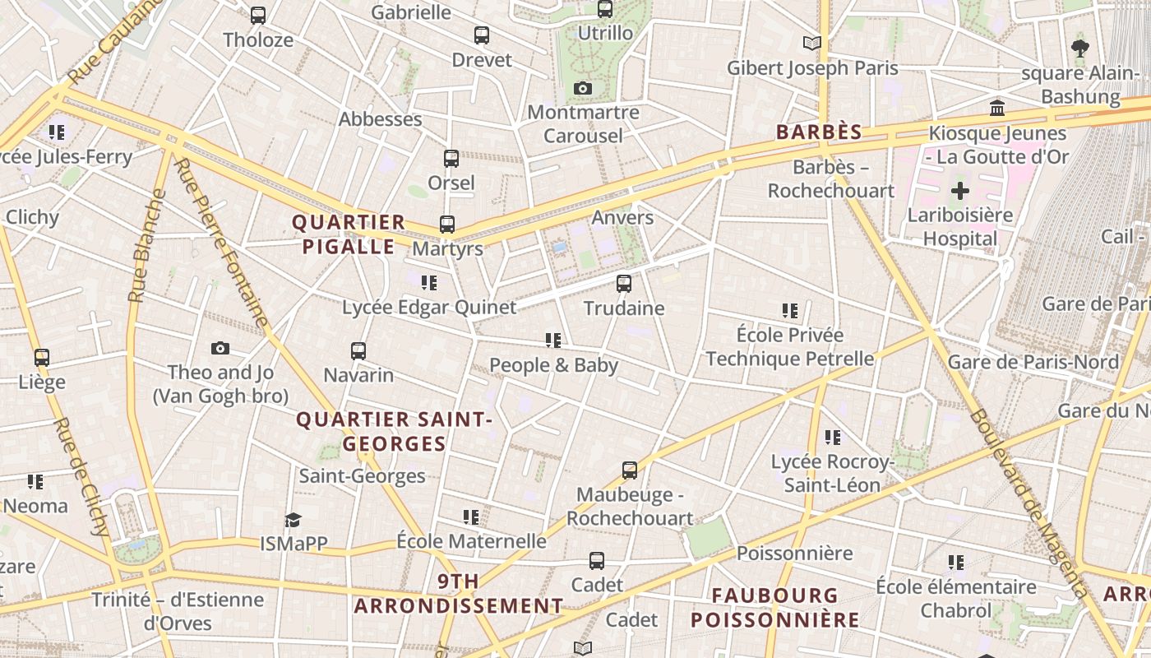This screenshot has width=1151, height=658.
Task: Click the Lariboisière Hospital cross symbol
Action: point(959,192)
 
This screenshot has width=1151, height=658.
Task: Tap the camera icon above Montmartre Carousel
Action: point(583,88)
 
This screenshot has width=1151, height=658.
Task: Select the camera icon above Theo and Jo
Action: point(220,348)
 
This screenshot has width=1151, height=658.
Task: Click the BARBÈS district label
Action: point(819,132)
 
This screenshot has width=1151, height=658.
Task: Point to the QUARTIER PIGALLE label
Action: point(349,234)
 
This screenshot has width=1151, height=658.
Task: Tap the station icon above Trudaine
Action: point(624,284)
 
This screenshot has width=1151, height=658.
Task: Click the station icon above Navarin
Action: point(358,351)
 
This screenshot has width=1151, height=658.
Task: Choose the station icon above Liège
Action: point(42,358)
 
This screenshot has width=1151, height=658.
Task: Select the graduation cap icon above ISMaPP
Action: point(293,520)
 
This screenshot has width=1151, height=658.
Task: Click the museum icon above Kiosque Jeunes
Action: point(997,109)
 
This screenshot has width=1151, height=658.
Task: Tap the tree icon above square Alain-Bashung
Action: point(1080,49)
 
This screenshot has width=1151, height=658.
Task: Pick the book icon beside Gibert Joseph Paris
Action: point(811,43)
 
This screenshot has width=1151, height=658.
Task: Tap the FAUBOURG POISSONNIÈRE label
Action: point(774,607)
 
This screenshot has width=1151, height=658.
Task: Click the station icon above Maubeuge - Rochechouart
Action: point(630,470)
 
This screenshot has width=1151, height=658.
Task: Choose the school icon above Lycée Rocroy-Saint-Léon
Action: point(833,438)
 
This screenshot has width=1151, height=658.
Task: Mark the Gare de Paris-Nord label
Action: point(1033,362)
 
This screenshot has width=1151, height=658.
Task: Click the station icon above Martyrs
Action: point(447,224)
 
